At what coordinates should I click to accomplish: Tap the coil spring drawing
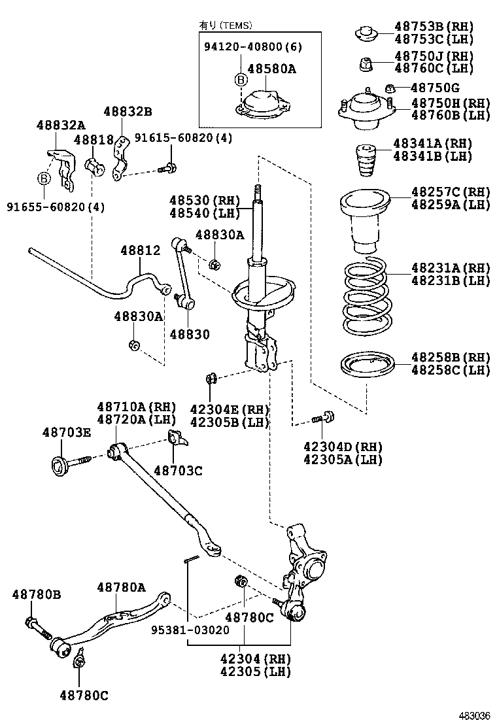(364, 297)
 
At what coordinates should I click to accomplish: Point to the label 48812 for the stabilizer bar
(140, 250)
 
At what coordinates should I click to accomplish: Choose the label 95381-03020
(190, 630)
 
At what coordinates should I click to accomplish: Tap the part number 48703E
(67, 432)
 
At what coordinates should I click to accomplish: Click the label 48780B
(37, 594)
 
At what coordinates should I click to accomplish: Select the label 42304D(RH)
(343, 447)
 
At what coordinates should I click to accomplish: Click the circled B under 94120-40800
(241, 79)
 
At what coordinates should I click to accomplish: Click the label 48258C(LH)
(451, 370)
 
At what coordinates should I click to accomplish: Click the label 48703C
(178, 469)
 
